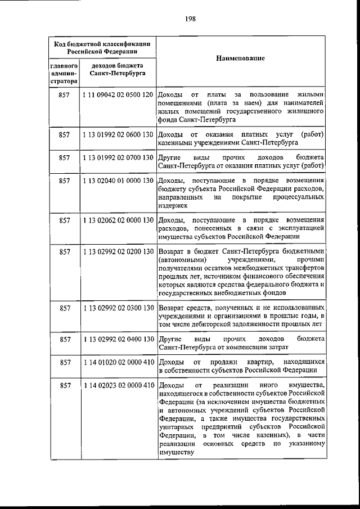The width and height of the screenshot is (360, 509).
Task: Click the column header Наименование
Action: coord(240,58)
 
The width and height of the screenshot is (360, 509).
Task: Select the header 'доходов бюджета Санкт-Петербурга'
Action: coord(118,70)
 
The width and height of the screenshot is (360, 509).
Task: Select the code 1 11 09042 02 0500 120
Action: coord(118,94)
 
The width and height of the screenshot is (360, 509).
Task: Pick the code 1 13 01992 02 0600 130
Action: coord(118,135)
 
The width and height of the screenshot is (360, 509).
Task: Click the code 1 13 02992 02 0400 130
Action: coord(118,339)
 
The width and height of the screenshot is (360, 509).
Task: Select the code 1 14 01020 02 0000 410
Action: coord(118,362)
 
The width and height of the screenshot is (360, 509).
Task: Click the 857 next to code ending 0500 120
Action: coord(64,94)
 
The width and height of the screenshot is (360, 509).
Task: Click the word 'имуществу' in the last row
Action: coord(176,452)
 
